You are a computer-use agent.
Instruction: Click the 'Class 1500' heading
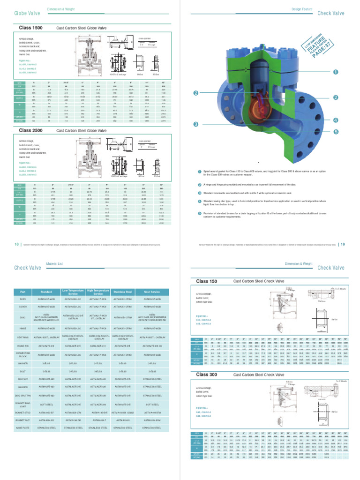click(x=30, y=28)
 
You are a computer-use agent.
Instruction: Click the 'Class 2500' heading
click(x=30, y=130)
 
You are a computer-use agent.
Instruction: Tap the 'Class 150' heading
click(x=206, y=281)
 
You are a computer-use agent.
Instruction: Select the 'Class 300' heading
click(x=206, y=375)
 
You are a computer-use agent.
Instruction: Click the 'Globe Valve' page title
click(x=27, y=13)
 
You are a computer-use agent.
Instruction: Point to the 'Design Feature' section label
click(x=301, y=9)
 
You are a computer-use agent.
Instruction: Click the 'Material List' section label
click(x=54, y=264)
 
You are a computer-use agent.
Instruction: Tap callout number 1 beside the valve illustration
click(x=336, y=72)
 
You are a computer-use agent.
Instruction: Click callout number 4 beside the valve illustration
click(x=336, y=120)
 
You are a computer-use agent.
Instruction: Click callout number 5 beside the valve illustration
click(x=336, y=132)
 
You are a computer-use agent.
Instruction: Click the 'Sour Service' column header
click(x=151, y=292)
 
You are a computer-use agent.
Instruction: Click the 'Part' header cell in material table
click(x=23, y=292)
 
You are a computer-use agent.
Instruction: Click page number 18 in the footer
click(x=17, y=244)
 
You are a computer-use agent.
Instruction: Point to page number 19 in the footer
click(x=343, y=244)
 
